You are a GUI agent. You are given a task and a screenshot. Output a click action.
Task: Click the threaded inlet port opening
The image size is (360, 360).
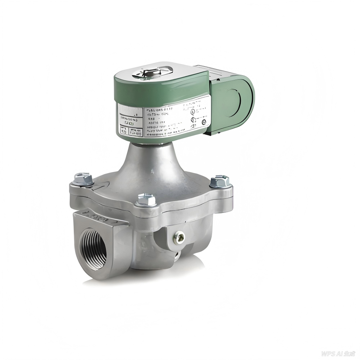tap(93, 249)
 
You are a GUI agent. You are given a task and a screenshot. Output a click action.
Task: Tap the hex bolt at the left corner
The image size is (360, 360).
tap(82, 179)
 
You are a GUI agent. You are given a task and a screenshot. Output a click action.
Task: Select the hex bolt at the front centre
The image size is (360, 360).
tap(146, 199)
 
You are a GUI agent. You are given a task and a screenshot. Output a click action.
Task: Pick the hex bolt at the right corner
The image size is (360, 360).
tap(219, 181)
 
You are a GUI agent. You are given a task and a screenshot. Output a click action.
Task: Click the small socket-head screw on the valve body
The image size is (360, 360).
tap(179, 237)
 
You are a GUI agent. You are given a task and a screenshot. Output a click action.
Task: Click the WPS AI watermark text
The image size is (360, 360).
tap(338, 354)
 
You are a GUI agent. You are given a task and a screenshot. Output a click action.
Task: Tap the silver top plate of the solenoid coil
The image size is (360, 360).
tap(161, 71)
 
